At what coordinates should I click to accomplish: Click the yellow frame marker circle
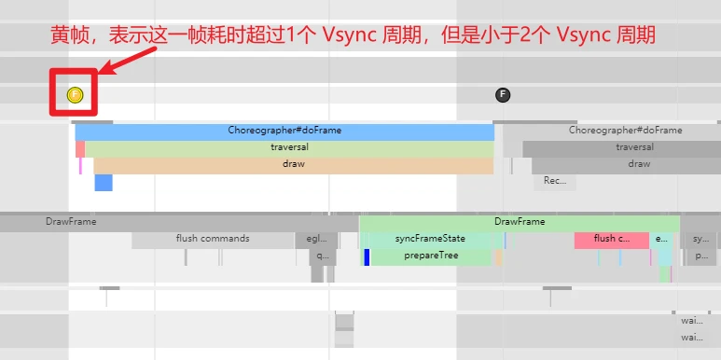coord(76,94)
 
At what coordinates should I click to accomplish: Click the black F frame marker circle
coord(503,94)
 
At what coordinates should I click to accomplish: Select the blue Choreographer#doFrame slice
coord(284,131)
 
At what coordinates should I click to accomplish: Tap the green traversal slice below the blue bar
coord(289,147)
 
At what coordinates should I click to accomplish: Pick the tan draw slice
coord(293,164)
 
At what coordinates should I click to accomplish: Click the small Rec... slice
coord(555,181)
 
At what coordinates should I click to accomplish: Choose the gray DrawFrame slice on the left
coord(71,222)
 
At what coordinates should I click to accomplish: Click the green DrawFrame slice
coord(520,222)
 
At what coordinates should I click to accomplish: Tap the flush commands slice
coord(213,239)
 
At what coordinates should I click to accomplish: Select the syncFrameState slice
coord(430,239)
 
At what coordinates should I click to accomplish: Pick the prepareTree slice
coord(430,256)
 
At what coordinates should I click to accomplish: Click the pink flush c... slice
coord(611,239)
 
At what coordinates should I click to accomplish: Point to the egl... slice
coord(316,239)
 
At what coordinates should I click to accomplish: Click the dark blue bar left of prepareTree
coord(367,256)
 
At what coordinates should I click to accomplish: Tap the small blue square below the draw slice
coord(103,182)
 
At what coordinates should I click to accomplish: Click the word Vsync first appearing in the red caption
coord(344,36)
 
